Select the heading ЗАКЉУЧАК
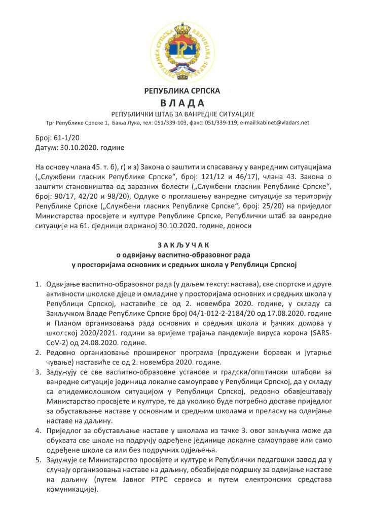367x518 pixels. point(183,245)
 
